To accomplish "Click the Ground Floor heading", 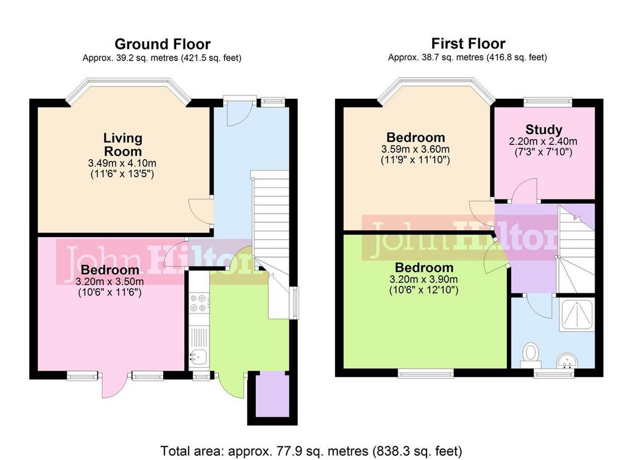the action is (x=163, y=44).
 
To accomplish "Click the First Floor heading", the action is (x=469, y=43).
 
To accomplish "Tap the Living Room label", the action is (x=123, y=144).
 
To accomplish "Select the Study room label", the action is (x=544, y=130).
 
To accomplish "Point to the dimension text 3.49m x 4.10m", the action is (x=122, y=163).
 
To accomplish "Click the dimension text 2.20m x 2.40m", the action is (x=543, y=141).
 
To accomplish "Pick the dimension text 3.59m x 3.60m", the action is (x=415, y=149).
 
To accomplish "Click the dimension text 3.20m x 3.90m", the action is (x=423, y=279).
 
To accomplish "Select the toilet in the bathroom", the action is (x=530, y=355).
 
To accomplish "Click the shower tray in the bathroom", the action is (x=576, y=315).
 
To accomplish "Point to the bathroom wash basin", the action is (x=567, y=360).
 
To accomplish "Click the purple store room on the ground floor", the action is (x=272, y=395).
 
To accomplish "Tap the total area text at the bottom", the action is (x=312, y=450).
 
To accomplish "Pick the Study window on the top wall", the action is (x=548, y=102).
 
